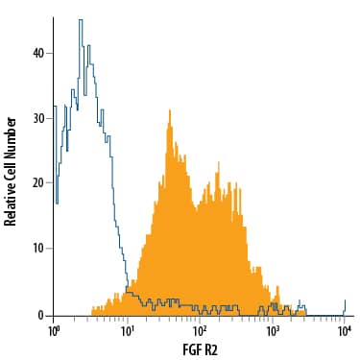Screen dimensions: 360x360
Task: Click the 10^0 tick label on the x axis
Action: pos(56,330)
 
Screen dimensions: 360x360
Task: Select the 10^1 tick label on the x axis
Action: pos(128,330)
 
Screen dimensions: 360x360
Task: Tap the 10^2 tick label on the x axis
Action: pos(200,330)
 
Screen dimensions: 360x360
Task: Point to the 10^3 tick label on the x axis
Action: pos(273,330)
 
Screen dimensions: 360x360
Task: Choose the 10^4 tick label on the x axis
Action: pos(345,330)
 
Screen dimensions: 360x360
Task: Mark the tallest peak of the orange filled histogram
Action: pos(169,111)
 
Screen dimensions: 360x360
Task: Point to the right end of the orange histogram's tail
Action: pos(305,312)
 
